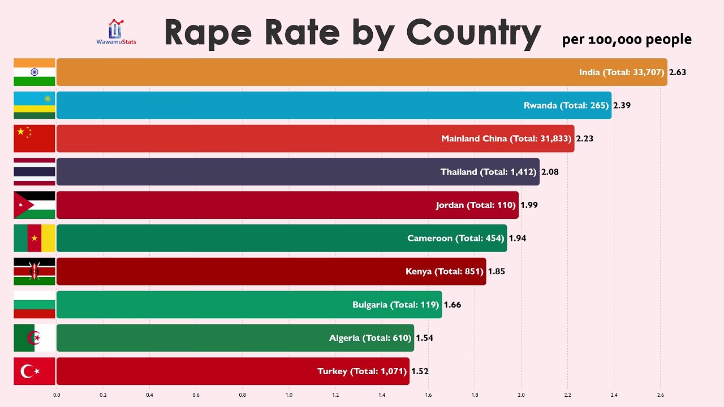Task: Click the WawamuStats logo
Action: click(116, 32)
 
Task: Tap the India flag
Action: click(35, 72)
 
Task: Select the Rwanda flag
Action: click(35, 105)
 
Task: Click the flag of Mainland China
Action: click(35, 138)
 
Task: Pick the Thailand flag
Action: click(35, 172)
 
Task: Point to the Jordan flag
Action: click(35, 205)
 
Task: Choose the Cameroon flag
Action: click(35, 238)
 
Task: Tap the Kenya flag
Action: click(35, 271)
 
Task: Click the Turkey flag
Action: click(35, 371)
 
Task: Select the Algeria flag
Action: click(35, 338)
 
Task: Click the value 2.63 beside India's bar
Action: click(677, 72)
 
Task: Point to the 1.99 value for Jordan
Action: click(529, 205)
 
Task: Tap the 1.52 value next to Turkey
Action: click(420, 371)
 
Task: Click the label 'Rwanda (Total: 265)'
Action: click(566, 105)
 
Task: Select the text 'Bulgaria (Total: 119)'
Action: click(395, 305)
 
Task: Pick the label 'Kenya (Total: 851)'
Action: click(445, 271)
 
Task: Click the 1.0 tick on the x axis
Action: click(289, 395)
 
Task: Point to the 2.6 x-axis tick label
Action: click(660, 395)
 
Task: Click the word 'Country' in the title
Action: click(473, 33)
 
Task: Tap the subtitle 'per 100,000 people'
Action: click(627, 39)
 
